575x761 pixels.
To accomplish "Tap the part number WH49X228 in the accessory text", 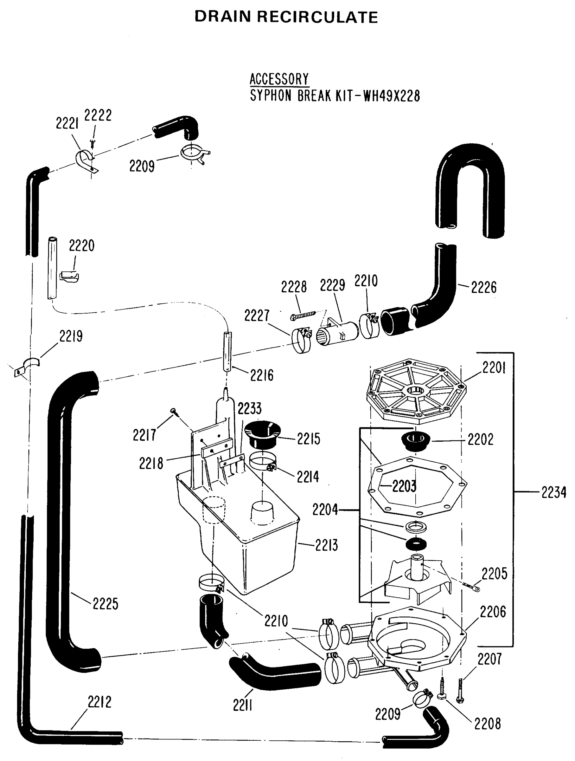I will [x=392, y=96].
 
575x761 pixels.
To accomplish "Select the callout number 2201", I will [x=494, y=368].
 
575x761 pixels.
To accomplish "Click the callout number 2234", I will [x=553, y=493].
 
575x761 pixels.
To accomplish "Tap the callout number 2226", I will [x=483, y=288].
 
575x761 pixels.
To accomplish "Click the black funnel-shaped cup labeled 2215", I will [x=263, y=434].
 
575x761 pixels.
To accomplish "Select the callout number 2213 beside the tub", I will [x=327, y=545].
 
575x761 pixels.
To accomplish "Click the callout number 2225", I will [x=105, y=604].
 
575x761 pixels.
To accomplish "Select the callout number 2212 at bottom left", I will [x=99, y=702].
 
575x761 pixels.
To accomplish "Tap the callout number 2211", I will [x=243, y=706].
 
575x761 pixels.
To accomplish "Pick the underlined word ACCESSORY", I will [x=279, y=79].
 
